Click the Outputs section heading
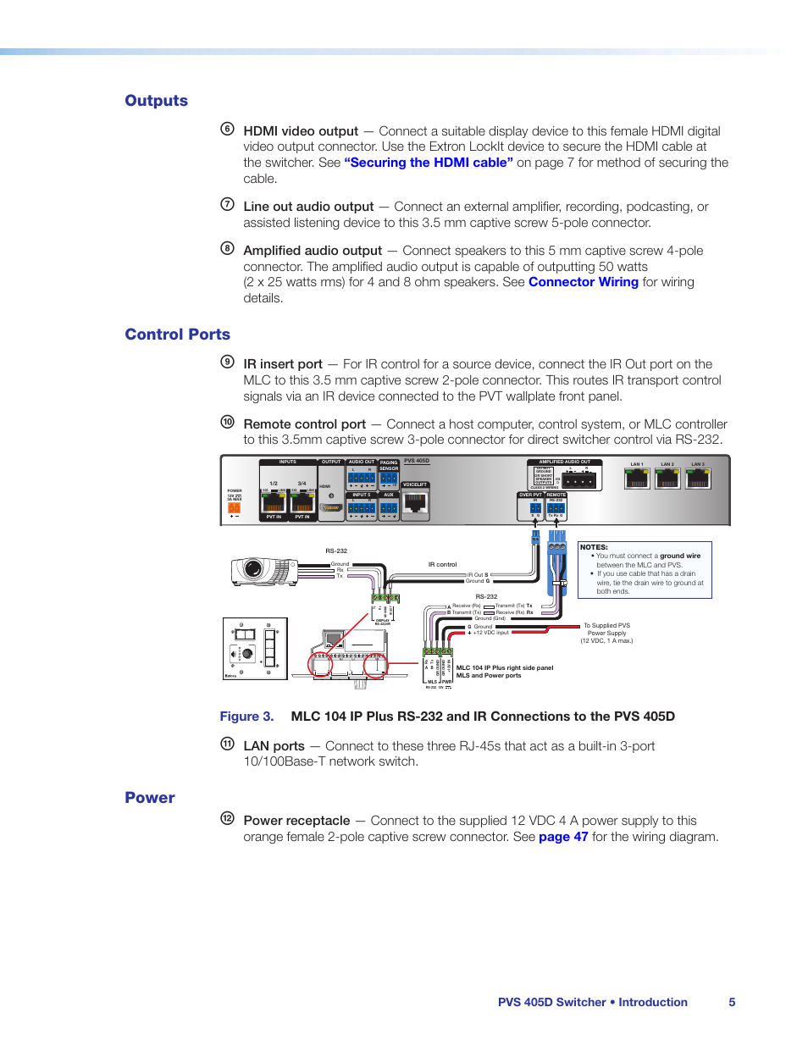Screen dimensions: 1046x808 (157, 101)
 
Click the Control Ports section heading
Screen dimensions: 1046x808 (177, 335)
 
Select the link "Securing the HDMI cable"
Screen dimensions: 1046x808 (429, 163)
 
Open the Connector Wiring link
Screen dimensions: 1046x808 (583, 282)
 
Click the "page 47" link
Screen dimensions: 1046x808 (563, 837)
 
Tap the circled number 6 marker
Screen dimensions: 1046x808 (227, 129)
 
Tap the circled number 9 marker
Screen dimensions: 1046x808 (227, 362)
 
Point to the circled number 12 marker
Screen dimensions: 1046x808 (227, 818)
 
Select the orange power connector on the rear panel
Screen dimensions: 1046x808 (234, 507)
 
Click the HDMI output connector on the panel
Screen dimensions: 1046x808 (331, 507)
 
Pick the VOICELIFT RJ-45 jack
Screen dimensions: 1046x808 (415, 501)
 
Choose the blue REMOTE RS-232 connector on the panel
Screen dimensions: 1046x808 (556, 508)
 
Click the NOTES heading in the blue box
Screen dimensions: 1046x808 (594, 547)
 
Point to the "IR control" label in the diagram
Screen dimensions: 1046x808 (442, 564)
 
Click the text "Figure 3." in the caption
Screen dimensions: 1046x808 (246, 717)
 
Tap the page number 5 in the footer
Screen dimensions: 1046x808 (732, 1002)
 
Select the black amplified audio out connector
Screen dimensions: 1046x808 (579, 481)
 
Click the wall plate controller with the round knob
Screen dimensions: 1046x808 (255, 649)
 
